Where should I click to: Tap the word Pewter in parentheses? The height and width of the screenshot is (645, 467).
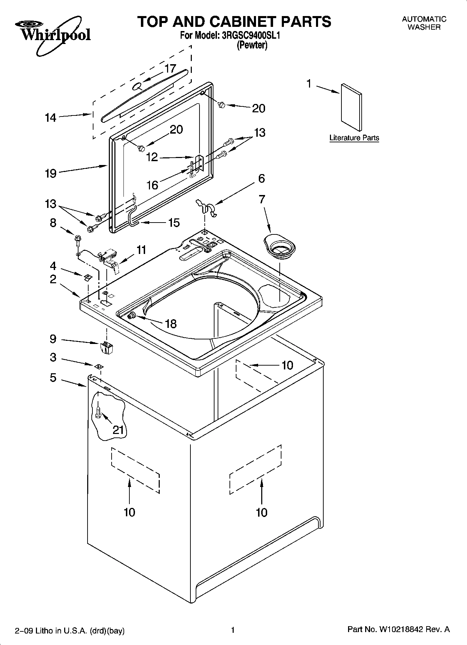[x=252, y=45]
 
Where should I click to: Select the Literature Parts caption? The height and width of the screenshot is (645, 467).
[x=354, y=138]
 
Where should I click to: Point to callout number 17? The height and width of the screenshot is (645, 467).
[x=170, y=68]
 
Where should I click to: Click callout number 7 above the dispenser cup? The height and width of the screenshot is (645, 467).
[x=262, y=199]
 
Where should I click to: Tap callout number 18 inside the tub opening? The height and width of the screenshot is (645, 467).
[x=171, y=324]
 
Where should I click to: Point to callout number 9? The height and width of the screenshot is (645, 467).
[x=53, y=338]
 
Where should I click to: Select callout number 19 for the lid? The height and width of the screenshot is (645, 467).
[x=51, y=173]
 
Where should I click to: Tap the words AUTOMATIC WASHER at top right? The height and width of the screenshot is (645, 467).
[x=424, y=23]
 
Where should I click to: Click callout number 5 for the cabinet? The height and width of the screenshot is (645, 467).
[x=53, y=377]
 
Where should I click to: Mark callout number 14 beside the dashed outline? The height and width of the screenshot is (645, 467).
[x=51, y=118]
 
